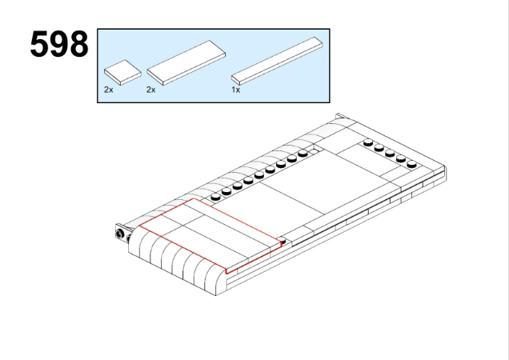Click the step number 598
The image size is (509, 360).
59,44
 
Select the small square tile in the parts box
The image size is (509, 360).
122,72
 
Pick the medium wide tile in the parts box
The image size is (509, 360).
186,62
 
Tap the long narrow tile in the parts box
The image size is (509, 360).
277,61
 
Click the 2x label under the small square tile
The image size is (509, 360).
108,90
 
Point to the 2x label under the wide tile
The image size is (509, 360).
150,90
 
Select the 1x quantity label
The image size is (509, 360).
235,90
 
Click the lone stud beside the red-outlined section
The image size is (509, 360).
283,241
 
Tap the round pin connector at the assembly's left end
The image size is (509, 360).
120,234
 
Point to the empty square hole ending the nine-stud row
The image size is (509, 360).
313,151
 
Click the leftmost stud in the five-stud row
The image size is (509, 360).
368,142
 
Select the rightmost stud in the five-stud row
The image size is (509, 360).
412,164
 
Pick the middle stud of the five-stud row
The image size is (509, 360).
390,153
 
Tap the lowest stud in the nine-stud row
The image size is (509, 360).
215,197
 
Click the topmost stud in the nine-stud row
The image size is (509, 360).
303,154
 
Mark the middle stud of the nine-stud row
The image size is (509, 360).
259,175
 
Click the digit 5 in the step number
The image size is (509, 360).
39,44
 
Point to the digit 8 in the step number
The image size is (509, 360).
78,44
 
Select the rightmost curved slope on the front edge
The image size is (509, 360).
215,279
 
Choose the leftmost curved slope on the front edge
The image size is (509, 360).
134,239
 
